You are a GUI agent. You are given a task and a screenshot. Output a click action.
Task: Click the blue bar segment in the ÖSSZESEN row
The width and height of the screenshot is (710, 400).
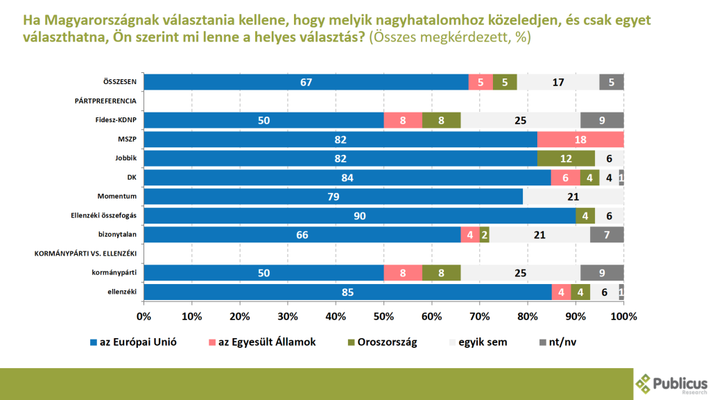tap(306, 82)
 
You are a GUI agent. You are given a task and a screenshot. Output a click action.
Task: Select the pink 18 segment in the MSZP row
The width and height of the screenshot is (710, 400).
tap(580, 139)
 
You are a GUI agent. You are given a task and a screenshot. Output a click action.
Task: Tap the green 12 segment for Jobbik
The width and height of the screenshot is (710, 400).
tap(566, 158)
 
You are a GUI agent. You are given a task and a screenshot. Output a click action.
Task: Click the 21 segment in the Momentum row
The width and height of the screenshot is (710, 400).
tap(573, 197)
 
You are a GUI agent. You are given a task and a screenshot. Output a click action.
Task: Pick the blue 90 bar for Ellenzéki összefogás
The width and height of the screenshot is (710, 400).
tap(359, 216)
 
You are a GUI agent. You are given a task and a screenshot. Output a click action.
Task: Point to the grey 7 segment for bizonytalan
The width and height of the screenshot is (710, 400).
tap(607, 235)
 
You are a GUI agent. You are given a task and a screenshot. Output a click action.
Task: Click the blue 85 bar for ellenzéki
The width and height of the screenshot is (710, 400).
tap(347, 292)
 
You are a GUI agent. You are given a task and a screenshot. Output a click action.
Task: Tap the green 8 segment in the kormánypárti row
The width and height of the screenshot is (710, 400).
tap(442, 273)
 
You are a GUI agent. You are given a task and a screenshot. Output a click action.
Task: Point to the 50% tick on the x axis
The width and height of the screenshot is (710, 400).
tap(383, 317)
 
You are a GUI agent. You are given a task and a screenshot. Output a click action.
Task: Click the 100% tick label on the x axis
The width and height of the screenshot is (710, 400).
tap(623, 317)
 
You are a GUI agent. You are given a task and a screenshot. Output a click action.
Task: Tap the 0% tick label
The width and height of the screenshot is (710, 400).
tap(144, 317)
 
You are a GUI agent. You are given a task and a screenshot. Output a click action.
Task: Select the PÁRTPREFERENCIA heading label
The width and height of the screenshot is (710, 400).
tap(105, 101)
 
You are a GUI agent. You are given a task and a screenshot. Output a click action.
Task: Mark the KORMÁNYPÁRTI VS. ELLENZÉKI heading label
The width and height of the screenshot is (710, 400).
tap(85, 254)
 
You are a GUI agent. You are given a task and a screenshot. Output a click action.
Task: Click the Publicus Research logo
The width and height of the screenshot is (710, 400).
tap(671, 383)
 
